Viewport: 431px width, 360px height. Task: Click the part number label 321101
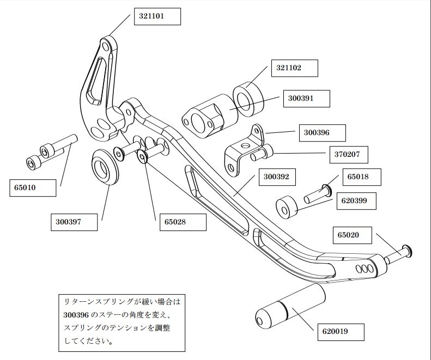point(156,17)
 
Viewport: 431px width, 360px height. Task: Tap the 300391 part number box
point(307,99)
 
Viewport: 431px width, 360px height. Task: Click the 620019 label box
point(338,330)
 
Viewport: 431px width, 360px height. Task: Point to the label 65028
point(182,222)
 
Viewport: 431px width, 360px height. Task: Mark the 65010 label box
point(33,188)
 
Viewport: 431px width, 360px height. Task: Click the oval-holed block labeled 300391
point(208,115)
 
